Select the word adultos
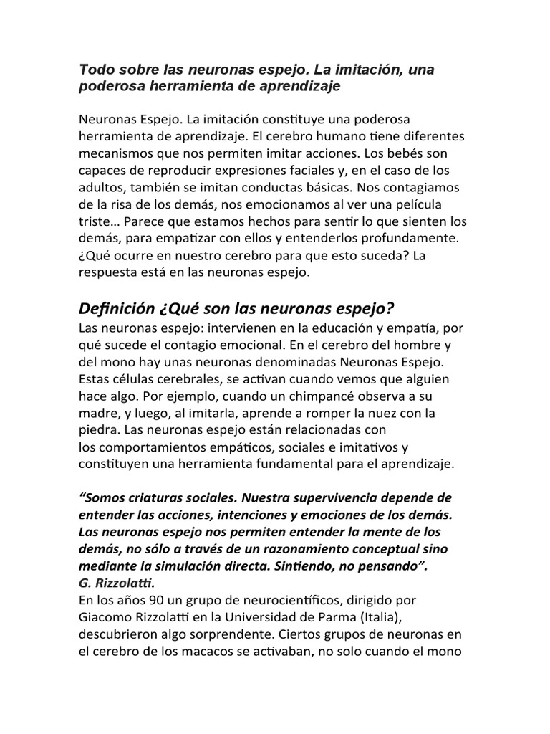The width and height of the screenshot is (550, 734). (x=102, y=187)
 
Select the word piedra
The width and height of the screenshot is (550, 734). (x=99, y=430)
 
